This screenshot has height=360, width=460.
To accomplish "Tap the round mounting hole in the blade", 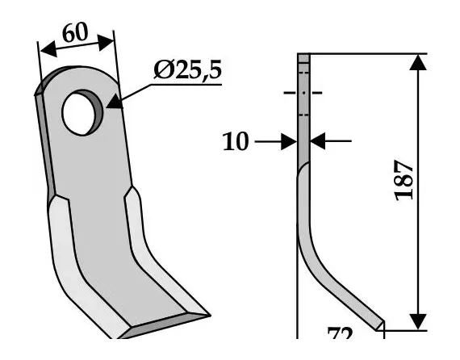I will pos(81,111).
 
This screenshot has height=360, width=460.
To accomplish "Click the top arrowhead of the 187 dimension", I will pos(417,63).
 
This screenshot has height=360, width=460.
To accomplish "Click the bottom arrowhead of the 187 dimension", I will pos(417,320).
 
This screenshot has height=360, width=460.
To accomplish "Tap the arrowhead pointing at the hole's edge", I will pos(112,102).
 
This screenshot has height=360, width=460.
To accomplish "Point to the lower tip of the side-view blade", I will pos(378,324).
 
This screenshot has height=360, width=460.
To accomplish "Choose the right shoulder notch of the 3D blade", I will pos(129,190).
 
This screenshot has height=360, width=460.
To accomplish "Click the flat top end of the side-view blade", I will pos(303,57).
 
